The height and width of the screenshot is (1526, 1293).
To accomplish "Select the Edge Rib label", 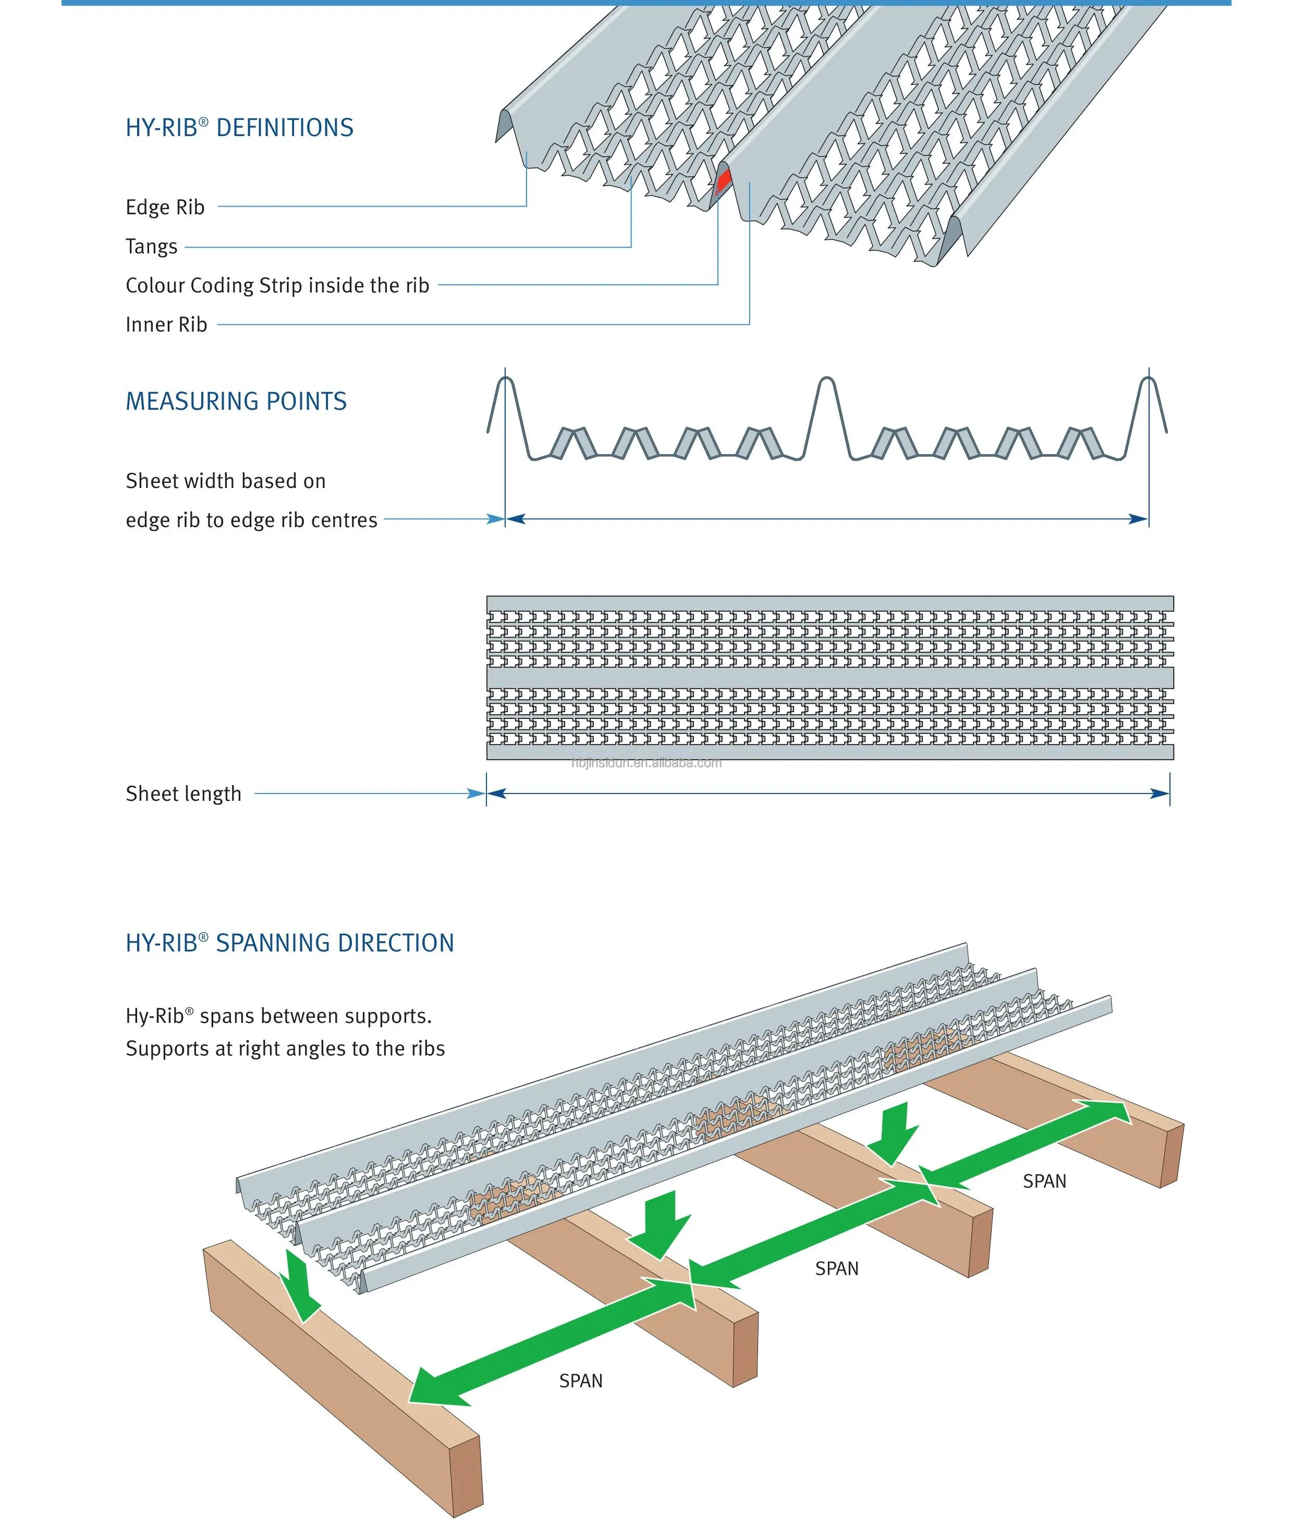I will pos(165,207).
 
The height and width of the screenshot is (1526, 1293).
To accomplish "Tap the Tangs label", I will pos(151,246).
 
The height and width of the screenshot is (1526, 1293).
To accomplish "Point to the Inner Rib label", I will pos(166,325).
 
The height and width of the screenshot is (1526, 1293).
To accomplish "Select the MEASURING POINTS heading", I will pos(236,401).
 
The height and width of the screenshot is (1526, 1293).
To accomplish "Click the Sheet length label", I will pos(183,794).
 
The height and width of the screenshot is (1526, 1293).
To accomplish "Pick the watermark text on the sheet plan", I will pos(646,763).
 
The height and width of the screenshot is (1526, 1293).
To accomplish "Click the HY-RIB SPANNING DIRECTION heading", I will pos(289,943).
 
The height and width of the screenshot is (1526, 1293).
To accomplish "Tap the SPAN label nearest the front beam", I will pos(580,1382).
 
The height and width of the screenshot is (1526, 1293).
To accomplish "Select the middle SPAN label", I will pos(836,1269).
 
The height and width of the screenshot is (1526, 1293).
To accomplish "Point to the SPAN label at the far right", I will pos(1044,1181).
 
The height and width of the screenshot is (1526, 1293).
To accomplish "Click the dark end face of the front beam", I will pos(466,1473).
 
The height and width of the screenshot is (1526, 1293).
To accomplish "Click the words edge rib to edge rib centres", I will pos(251,520).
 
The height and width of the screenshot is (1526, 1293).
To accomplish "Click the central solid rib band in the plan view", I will pos(830,677).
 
